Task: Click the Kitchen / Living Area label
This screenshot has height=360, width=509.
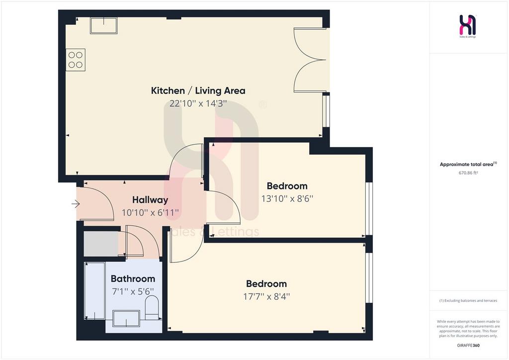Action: point(198,90)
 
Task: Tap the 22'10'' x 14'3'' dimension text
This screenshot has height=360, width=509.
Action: point(198,103)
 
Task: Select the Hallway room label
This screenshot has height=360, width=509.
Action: point(150,199)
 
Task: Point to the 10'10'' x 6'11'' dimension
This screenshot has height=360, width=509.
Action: point(150,213)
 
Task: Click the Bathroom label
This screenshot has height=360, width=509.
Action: point(133,278)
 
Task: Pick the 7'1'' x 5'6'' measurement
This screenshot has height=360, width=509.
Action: point(133,291)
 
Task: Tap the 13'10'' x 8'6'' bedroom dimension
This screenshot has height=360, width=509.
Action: point(287,198)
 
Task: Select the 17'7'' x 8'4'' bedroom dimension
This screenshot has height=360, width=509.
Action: point(266,296)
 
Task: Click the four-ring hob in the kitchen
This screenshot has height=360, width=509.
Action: point(76,60)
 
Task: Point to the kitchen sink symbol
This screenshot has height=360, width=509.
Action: point(103,26)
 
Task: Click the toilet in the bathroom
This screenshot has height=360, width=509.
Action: point(151,309)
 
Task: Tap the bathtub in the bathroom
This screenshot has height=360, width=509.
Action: point(95,291)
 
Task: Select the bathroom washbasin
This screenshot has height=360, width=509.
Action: point(126,319)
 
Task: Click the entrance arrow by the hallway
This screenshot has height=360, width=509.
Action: point(76,204)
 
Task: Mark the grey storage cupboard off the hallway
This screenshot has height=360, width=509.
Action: point(101,244)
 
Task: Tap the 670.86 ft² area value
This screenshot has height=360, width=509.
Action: point(468,173)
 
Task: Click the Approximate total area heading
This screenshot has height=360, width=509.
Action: point(468,164)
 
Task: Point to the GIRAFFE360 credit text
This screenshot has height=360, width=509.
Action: point(468,346)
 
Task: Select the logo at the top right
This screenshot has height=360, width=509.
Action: point(468,26)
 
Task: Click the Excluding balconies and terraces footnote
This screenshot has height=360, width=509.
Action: point(468,301)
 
